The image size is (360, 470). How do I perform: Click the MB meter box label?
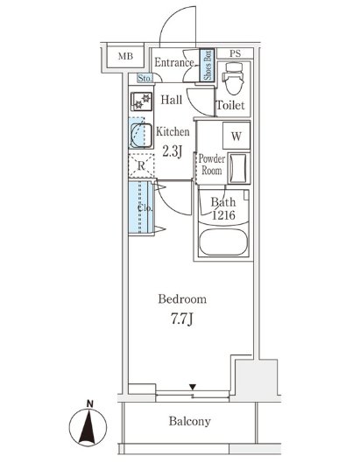tap(125, 56)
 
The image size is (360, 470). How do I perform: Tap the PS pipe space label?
tap(236, 53)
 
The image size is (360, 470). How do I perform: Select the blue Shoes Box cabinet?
tap(208, 65)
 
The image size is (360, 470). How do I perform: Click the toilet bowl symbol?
tap(235, 79)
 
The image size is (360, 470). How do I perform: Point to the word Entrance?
tap(174, 63)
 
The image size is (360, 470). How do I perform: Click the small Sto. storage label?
tap(145, 79)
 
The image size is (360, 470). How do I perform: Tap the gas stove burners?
tap(142, 102)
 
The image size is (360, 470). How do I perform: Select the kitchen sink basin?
tap(141, 136)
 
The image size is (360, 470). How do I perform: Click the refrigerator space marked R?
tap(141, 165)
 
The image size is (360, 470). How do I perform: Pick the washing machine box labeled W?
tap(236, 136)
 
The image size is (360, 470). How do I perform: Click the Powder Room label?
tap(212, 165)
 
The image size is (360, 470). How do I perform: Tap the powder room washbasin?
tap(239, 168)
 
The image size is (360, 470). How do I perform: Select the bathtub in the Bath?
tap(223, 242)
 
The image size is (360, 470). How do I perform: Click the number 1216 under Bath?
tap(223, 215)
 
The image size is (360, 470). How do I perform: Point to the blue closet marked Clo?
tap(141, 207)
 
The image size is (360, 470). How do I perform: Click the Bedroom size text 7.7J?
tap(182, 319)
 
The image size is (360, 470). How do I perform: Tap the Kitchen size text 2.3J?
tap(173, 152)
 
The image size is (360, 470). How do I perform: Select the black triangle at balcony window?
tap(193, 387)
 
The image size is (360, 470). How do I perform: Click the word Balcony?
tap(189, 421)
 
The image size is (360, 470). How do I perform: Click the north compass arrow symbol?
tap(88, 426)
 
